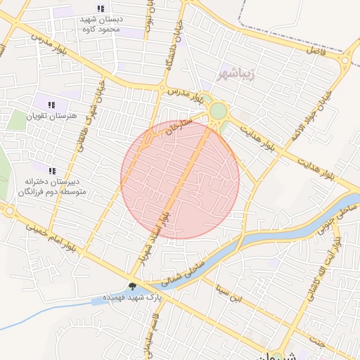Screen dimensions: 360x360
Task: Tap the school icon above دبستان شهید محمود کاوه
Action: pos(101,8)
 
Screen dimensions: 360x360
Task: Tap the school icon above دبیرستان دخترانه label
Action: pos(51,170)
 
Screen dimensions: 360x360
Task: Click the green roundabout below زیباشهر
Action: pos(219,111)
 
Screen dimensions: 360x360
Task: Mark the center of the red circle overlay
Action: pos(180,180)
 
